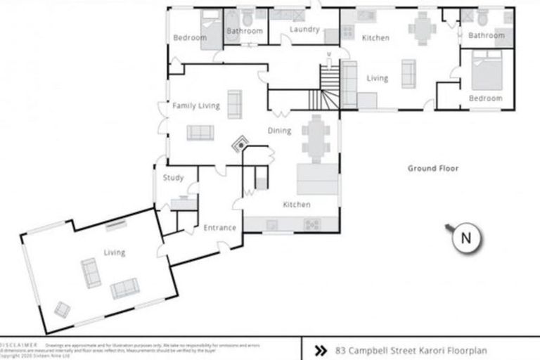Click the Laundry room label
click(x=304, y=30)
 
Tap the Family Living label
click(x=196, y=106)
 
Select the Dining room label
click(x=279, y=130)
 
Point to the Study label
click(x=173, y=178)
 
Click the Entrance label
click(x=220, y=228)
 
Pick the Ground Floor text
click(x=433, y=169)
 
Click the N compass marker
click(x=465, y=238)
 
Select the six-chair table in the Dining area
click(x=315, y=138)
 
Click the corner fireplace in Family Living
click(x=240, y=143)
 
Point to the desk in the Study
click(x=183, y=203)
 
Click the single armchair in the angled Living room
click(x=63, y=309)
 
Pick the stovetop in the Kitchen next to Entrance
click(x=311, y=224)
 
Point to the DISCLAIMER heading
click(x=18, y=346)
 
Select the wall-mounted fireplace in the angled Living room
click(x=116, y=226)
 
